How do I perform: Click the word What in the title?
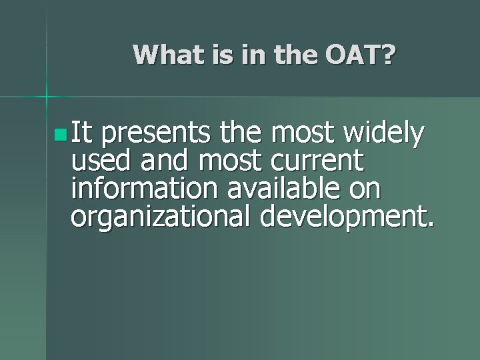pos(163,55)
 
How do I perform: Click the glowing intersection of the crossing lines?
pos(47,97)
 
